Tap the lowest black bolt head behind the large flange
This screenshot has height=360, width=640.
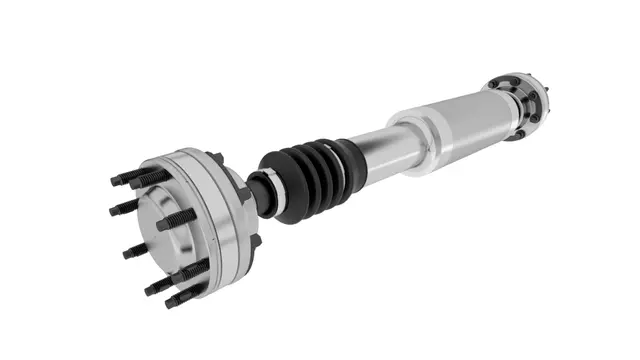tap(255, 240)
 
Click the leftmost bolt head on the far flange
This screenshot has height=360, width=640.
tap(494, 83)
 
